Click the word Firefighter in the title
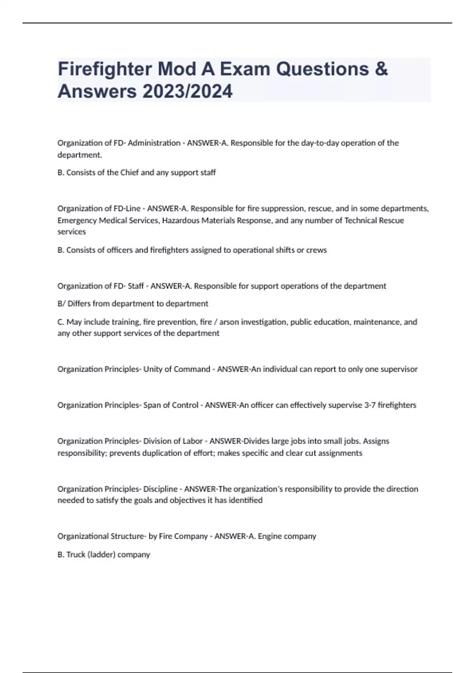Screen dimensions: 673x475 pyautogui.click(x=104, y=69)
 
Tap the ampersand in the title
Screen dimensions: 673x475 pyautogui.click(x=381, y=69)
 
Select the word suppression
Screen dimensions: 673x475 pyautogui.click(x=283, y=209)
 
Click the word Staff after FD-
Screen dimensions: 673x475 pyautogui.click(x=136, y=286)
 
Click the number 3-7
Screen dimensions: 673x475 pyautogui.click(x=370, y=405)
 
